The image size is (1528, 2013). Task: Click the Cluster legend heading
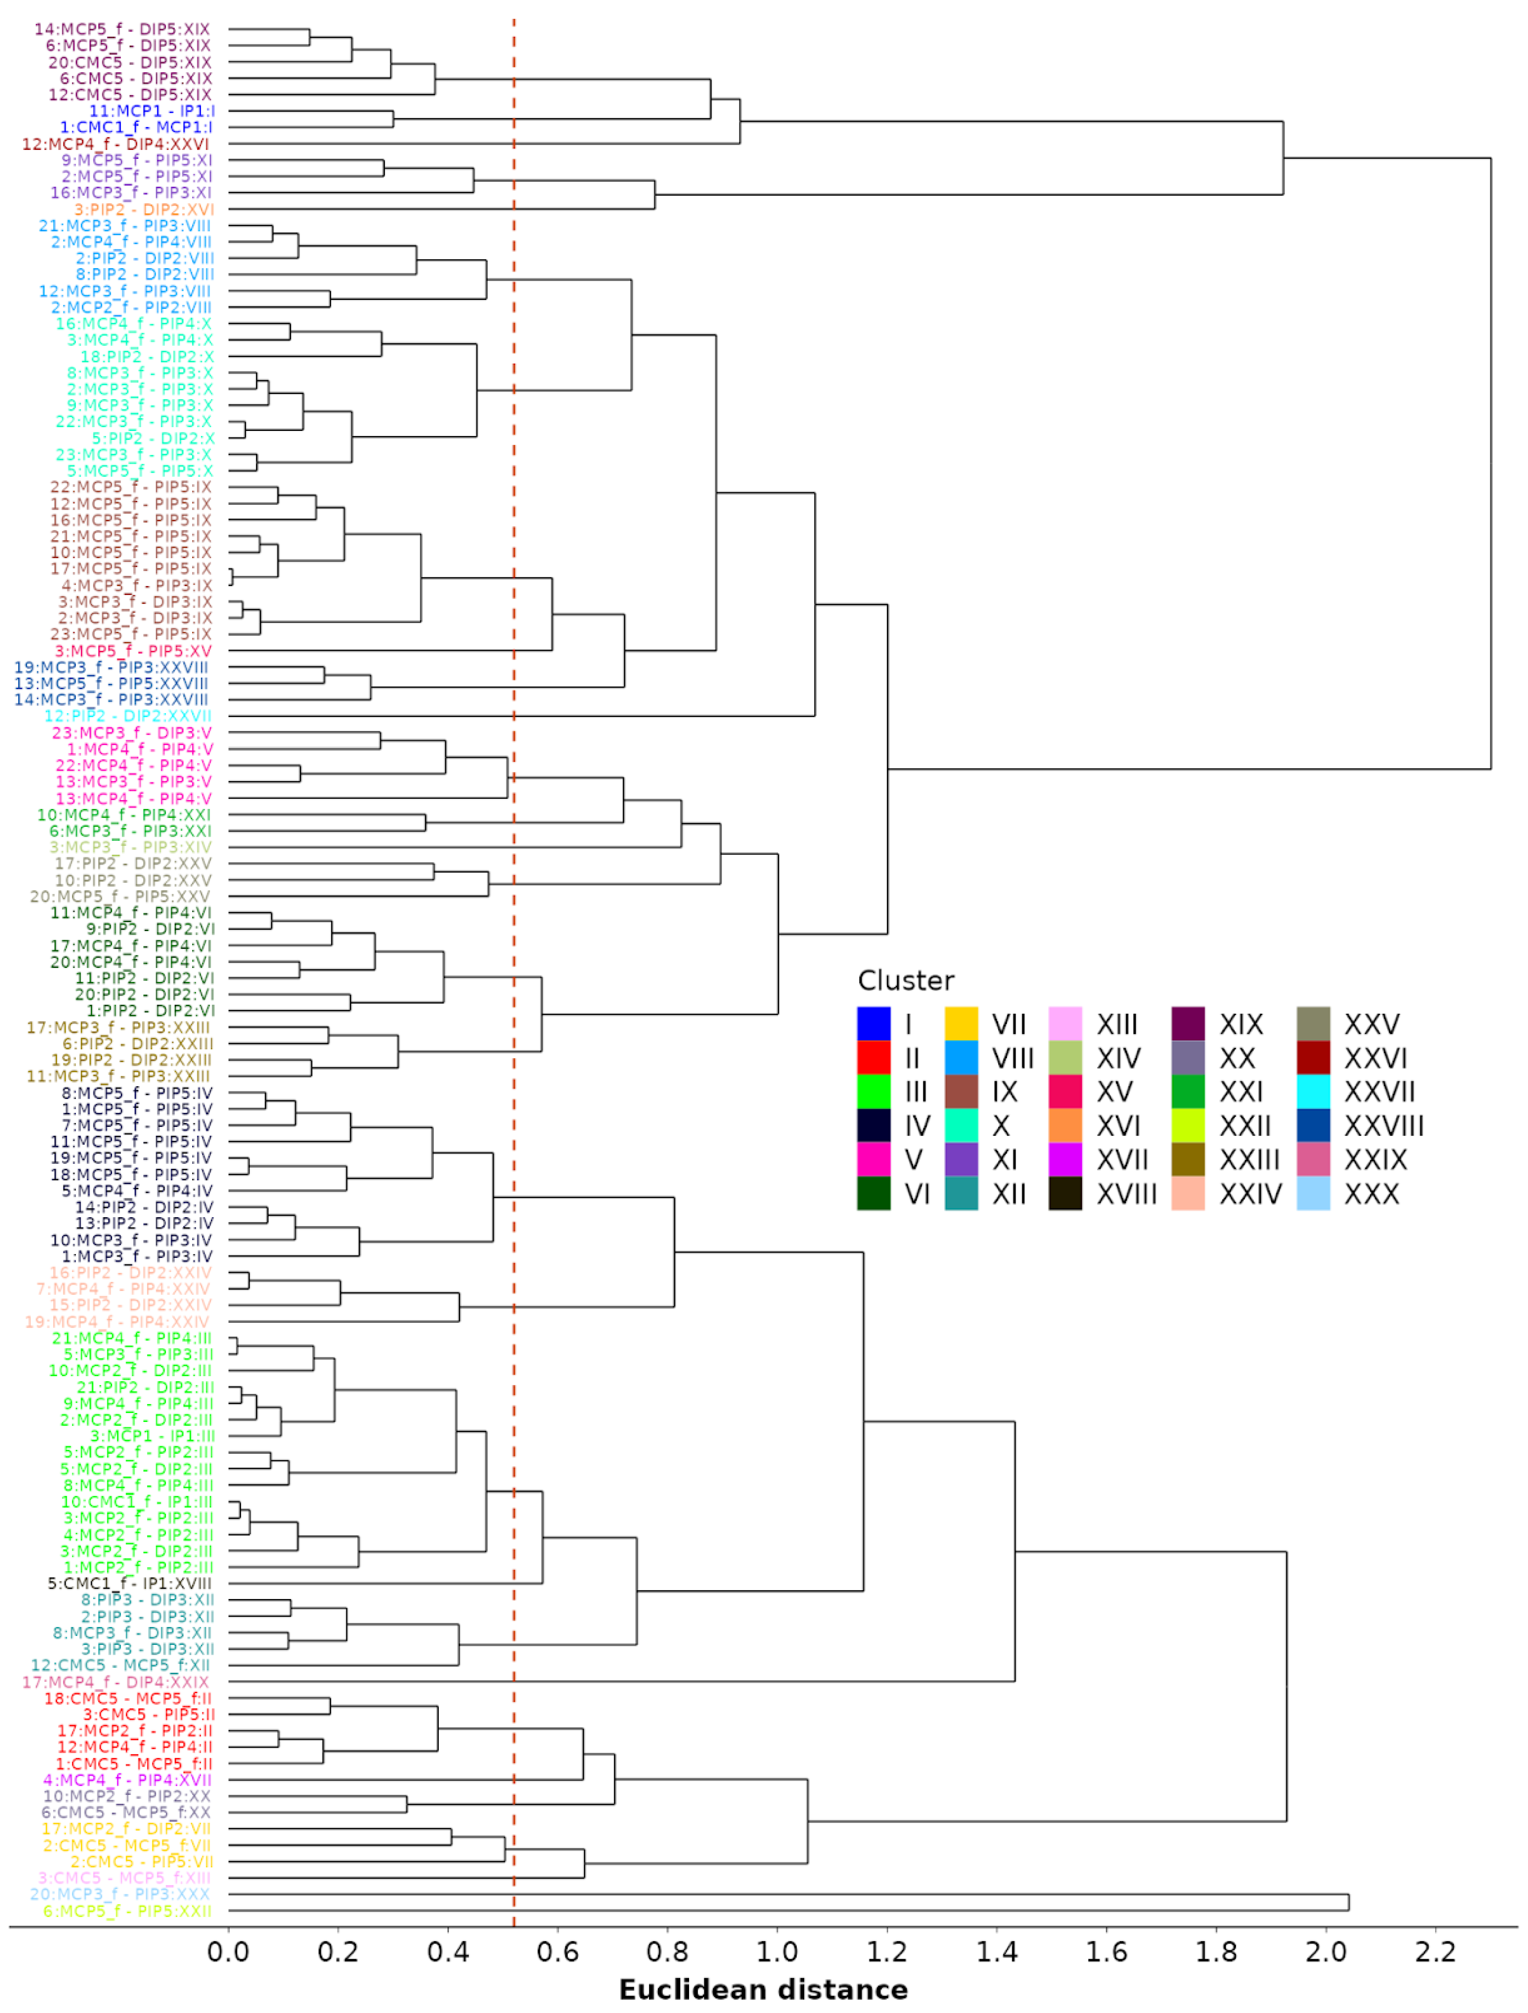click(906, 980)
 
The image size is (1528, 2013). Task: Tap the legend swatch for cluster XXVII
click(1313, 1091)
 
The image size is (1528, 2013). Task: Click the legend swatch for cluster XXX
click(1313, 1193)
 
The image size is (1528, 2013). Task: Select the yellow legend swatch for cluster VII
click(961, 1024)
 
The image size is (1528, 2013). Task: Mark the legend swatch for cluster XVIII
click(1065, 1193)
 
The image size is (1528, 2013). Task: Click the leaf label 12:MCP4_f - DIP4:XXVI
click(115, 144)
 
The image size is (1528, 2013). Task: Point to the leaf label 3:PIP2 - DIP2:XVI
click(144, 209)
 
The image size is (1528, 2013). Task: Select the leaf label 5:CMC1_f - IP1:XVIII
click(129, 1584)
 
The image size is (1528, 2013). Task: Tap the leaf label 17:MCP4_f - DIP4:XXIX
click(115, 1682)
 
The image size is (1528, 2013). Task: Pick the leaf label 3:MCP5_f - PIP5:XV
click(133, 651)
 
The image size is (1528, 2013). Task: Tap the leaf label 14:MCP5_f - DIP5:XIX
click(122, 29)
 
